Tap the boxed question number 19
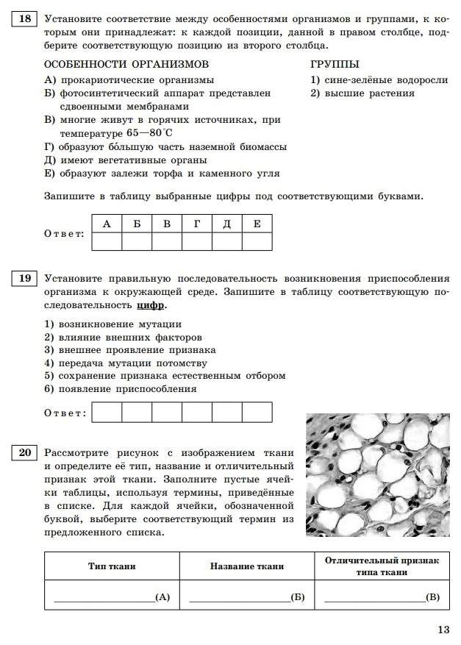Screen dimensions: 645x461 click(x=24, y=279)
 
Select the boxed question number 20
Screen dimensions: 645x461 click(x=24, y=452)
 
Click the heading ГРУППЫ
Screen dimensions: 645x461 click(x=335, y=65)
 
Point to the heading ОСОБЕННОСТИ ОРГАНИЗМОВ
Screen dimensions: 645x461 click(x=126, y=65)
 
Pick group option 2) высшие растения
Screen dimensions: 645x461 click(x=362, y=93)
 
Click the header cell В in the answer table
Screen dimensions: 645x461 click(x=167, y=224)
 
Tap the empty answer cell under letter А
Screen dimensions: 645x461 click(x=107, y=241)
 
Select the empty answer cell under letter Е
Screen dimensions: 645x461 click(x=257, y=241)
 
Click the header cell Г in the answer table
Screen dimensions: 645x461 click(x=197, y=224)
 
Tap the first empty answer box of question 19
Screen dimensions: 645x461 click(x=107, y=412)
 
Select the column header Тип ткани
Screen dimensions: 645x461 click(x=112, y=566)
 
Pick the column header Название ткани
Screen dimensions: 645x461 click(x=246, y=566)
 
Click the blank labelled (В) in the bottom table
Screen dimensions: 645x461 click(x=382, y=597)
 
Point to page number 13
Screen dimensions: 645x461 click(x=443, y=629)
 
